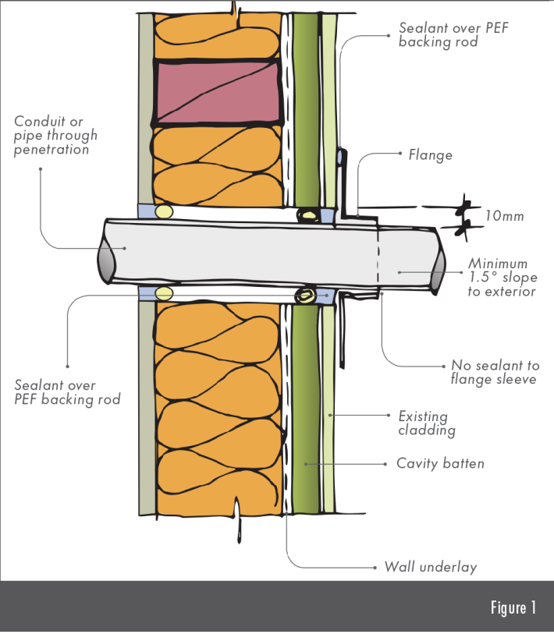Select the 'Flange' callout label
pos(430,155)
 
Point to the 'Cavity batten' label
pos(440,463)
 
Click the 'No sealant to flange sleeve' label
pos(495,372)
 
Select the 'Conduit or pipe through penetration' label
pos(56,135)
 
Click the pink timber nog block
pos(218,90)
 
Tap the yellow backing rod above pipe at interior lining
pos(163,211)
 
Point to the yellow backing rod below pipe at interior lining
pos(164,293)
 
